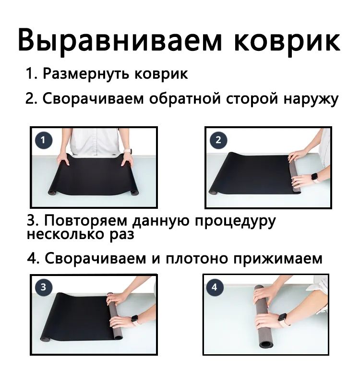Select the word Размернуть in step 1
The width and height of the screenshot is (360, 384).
[x=86, y=73]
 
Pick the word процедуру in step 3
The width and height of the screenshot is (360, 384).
[x=235, y=222]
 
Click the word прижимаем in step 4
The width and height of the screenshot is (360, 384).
[x=277, y=259]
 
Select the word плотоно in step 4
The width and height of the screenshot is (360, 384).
[x=197, y=258]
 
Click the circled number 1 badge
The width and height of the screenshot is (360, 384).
[x=44, y=140]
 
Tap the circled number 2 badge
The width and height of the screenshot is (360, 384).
[x=218, y=140]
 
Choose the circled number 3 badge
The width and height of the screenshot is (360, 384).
[x=43, y=287]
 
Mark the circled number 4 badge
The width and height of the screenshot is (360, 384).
[x=214, y=287]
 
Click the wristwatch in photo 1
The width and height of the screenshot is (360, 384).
[x=128, y=151]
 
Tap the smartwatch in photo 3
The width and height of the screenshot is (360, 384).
[x=135, y=319]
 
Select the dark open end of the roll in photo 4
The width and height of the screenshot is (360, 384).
[x=265, y=345]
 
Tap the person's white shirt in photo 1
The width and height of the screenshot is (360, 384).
[x=96, y=142]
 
